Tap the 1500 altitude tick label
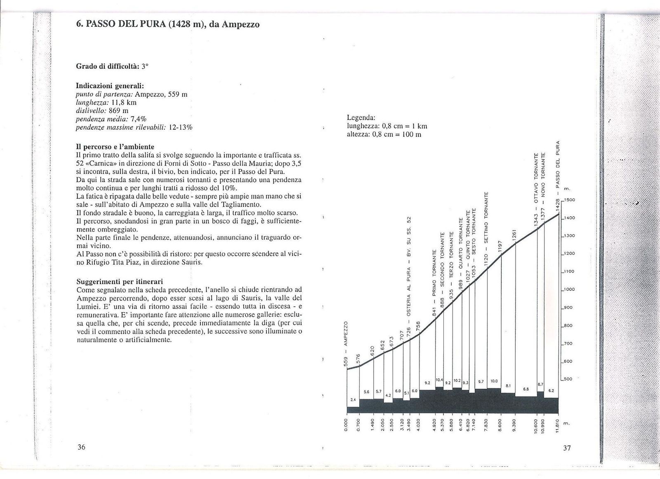point(570,200)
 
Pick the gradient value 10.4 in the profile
point(439,380)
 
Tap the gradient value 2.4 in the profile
point(353,400)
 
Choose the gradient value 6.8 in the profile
point(526,389)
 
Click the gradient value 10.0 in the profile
point(494,381)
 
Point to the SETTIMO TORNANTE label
point(487,220)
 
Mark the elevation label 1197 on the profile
point(500,246)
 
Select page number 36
point(81,447)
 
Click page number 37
point(567,448)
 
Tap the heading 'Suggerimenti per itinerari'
point(120,282)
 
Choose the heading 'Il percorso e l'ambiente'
point(115,146)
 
